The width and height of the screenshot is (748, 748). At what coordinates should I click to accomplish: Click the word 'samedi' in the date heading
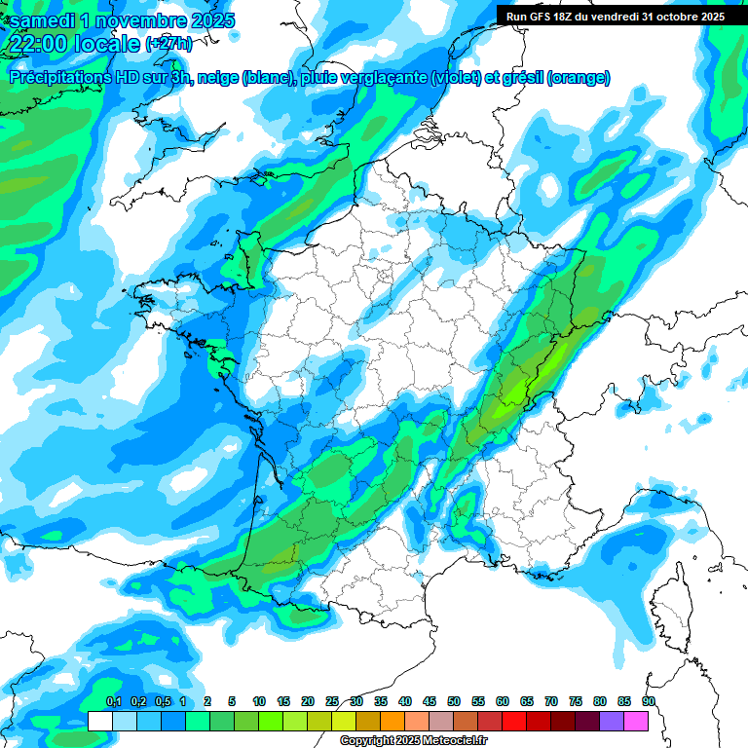click(44, 19)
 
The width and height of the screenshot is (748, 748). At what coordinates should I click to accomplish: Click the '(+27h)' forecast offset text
click(168, 45)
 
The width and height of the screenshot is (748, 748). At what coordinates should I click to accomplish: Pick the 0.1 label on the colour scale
click(113, 702)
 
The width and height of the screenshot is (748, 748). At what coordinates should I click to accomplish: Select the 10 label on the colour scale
click(259, 702)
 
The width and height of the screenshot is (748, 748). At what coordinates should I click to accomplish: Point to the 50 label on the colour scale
click(454, 702)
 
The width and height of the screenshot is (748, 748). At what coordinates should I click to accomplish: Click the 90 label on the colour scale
click(648, 702)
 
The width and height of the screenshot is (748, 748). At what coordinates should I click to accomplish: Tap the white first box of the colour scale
click(99, 721)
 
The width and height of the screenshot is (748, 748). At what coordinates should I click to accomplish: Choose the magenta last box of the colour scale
click(636, 721)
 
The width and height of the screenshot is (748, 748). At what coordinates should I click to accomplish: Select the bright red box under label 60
click(514, 721)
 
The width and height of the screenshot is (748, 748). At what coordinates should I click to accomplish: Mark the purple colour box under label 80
click(612, 721)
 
